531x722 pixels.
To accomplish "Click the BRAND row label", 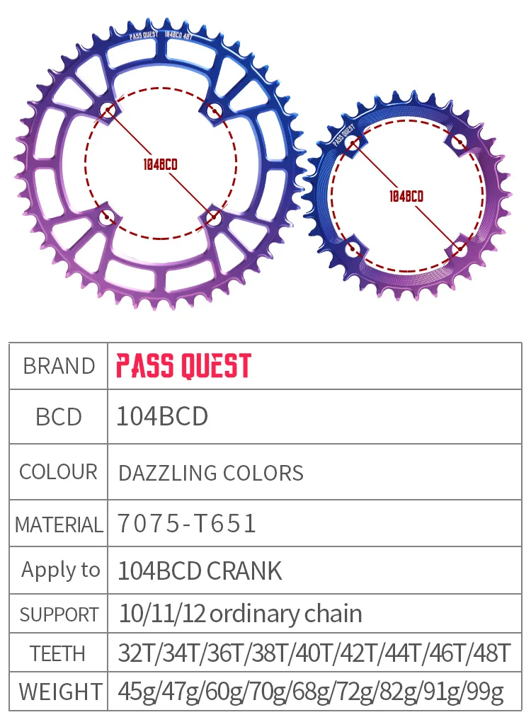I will (x=59, y=366).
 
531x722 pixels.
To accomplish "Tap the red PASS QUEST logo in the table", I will (x=183, y=366).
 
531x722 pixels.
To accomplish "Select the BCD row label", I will (x=59, y=417).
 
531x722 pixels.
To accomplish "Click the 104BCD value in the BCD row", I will (x=162, y=416).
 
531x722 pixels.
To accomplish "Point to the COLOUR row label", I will (x=59, y=472).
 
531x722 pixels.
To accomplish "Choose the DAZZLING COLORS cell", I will (x=210, y=473).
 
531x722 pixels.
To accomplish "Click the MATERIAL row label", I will (x=59, y=525).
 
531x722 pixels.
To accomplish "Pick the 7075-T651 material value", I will (x=186, y=524).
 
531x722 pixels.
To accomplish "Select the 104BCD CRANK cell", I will (x=199, y=571).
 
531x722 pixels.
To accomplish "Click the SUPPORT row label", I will (x=59, y=614).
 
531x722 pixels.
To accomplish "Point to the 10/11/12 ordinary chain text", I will (x=240, y=613).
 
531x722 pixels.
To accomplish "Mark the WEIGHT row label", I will (x=59, y=691).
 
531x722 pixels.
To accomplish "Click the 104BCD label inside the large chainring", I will (x=159, y=164).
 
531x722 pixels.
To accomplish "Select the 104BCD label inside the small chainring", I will (x=406, y=196).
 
